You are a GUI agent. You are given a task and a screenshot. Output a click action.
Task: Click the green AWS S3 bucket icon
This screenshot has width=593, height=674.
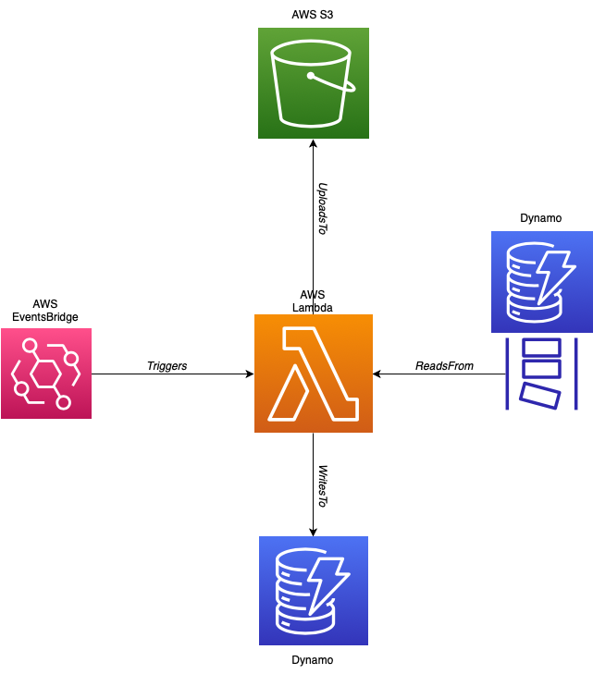tap(313, 83)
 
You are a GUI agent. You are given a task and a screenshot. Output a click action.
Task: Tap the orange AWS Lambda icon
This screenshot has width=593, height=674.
tap(313, 374)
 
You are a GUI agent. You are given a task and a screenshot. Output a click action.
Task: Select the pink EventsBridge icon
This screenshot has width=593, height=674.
tap(46, 374)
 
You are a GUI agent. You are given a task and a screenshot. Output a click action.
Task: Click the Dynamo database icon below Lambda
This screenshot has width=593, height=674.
tap(313, 590)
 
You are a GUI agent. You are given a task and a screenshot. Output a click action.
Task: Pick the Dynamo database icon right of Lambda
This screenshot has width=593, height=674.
tap(541, 282)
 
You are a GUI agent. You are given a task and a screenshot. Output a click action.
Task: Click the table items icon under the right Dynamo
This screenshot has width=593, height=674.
tap(541, 374)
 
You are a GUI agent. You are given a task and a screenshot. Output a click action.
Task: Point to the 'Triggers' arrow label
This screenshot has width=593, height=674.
tap(167, 366)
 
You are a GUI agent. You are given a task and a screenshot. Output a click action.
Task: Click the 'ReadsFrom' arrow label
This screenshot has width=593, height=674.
tap(444, 366)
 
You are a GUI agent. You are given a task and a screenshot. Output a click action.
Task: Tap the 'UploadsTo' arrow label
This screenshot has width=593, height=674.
tap(322, 208)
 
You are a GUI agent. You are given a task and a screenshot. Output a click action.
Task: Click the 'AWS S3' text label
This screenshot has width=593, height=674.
tap(313, 15)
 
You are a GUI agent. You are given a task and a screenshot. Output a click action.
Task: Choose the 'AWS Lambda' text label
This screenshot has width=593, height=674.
tap(313, 300)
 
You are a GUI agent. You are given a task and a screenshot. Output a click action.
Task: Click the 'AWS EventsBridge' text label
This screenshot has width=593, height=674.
tap(45, 310)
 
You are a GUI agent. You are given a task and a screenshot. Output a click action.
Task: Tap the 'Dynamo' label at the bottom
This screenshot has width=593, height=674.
tap(312, 660)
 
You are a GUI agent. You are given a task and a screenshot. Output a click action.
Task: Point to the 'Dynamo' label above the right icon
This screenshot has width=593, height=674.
tap(541, 218)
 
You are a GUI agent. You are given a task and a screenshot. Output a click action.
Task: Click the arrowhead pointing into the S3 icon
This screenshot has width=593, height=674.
tap(313, 144)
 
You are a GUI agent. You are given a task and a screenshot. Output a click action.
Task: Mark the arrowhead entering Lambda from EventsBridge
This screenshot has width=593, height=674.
tap(249, 374)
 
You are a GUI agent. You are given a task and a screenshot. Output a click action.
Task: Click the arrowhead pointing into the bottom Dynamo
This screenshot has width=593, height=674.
tap(313, 531)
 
